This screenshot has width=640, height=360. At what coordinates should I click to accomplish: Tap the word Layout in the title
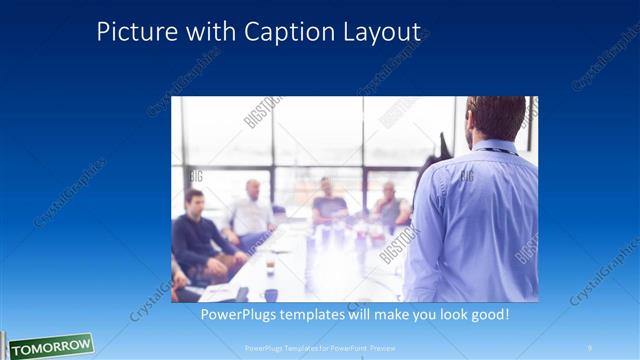(x=378, y=32)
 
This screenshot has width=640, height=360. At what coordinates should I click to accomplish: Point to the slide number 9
(x=590, y=348)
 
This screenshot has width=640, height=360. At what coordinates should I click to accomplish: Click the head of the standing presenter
(x=495, y=118)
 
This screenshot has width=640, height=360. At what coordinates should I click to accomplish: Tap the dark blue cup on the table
(x=271, y=294)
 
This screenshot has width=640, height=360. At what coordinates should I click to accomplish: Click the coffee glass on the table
(x=270, y=264)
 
